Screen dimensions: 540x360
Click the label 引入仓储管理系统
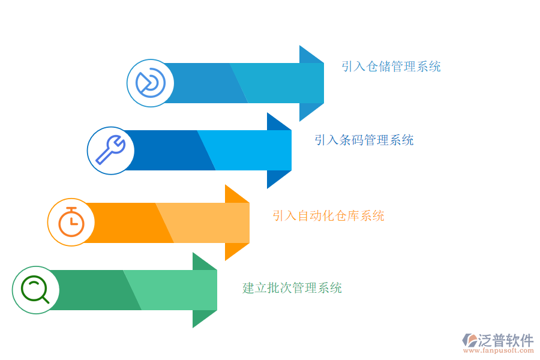(391, 66)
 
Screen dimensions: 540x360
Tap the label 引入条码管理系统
(364, 140)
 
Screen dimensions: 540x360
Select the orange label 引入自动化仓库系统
(328, 215)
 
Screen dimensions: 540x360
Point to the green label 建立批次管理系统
(292, 287)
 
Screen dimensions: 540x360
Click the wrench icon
(110, 150)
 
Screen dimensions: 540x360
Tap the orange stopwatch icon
(71, 222)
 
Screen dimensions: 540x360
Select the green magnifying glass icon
(35, 289)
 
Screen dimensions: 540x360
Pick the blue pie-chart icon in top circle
(150, 83)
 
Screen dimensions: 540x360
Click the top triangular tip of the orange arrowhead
(226, 185)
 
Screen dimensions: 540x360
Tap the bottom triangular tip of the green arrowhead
(193, 327)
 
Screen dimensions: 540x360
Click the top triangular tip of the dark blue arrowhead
(268, 113)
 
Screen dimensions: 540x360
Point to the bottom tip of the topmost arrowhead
(300, 121)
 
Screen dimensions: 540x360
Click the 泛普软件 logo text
(506, 340)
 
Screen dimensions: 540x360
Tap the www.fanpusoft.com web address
(499, 350)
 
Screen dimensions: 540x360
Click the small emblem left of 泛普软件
(470, 340)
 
